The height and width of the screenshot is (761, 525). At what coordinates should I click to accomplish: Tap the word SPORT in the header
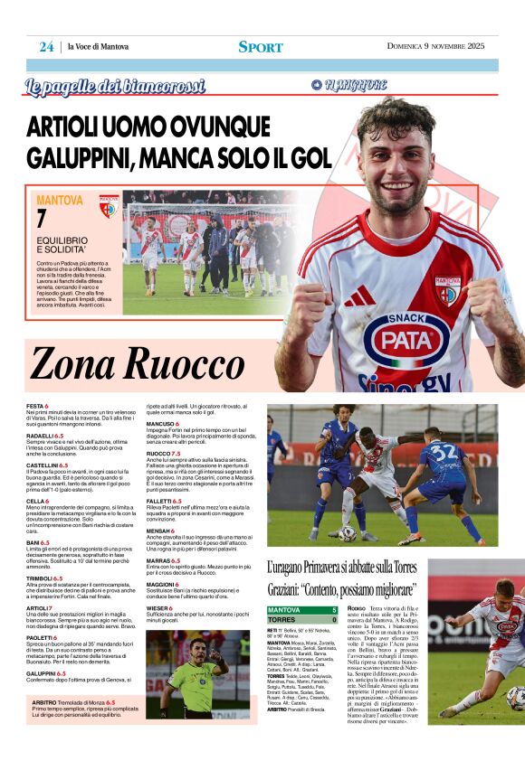click(x=261, y=47)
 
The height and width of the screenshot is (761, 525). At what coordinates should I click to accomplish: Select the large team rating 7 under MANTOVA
click(x=42, y=219)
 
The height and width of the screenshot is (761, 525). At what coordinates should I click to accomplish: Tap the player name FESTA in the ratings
click(x=36, y=406)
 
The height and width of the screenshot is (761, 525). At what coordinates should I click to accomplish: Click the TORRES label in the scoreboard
click(x=282, y=620)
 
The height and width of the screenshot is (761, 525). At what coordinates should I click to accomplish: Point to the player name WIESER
click(x=157, y=608)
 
